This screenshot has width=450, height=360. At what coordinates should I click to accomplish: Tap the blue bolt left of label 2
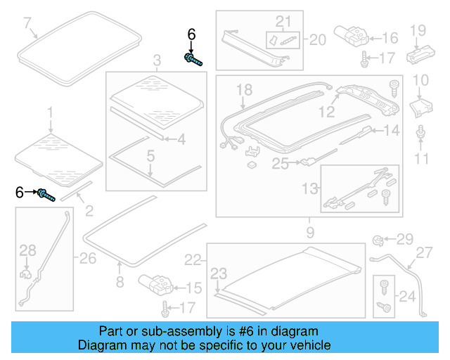tap(46, 194)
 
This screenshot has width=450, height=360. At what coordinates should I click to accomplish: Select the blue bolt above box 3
tap(192, 59)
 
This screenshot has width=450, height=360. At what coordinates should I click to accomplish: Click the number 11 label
tap(421, 159)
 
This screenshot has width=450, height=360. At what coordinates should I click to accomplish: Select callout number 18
tap(244, 89)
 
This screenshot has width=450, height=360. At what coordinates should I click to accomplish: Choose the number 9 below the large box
tap(309, 230)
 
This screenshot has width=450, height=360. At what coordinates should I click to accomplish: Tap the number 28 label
tap(27, 250)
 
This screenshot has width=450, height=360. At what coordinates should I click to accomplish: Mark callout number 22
tap(193, 260)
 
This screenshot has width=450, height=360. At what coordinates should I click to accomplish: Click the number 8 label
tap(119, 283)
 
